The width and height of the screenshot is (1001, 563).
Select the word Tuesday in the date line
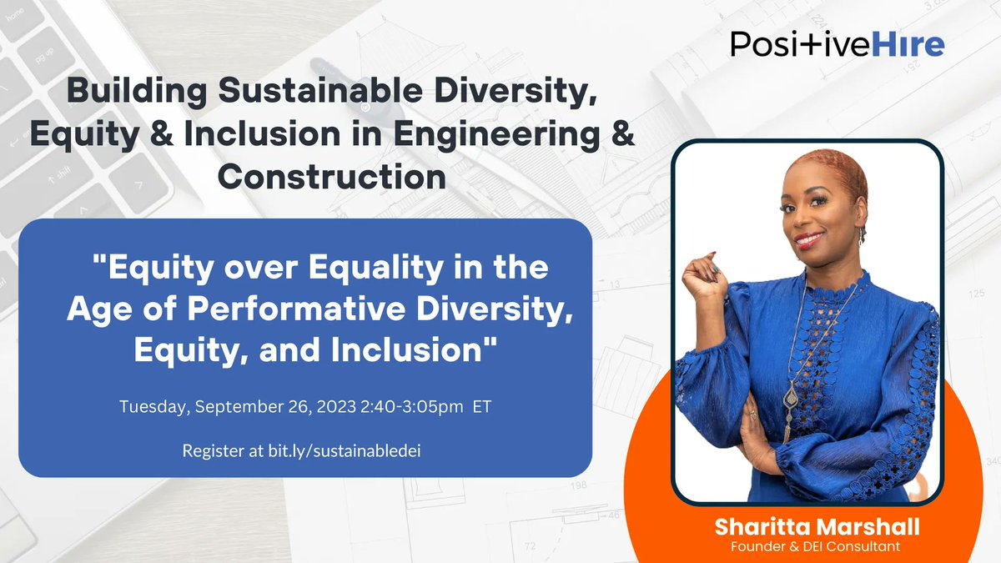click(x=148, y=408)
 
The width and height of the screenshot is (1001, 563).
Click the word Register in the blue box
click(x=210, y=450)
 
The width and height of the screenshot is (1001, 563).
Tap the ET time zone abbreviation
click(x=481, y=408)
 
